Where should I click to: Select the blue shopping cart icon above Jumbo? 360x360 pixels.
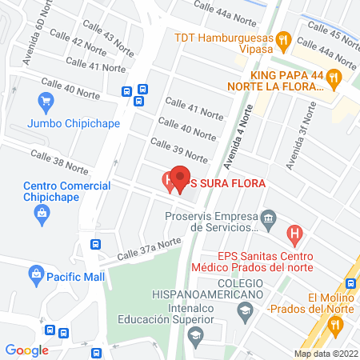[46, 102]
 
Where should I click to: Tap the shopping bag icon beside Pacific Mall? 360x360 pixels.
[36, 275]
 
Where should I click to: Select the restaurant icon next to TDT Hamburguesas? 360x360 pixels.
[282, 38]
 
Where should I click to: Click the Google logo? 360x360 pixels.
[26, 350]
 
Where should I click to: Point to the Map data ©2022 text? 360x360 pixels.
[326, 354]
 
